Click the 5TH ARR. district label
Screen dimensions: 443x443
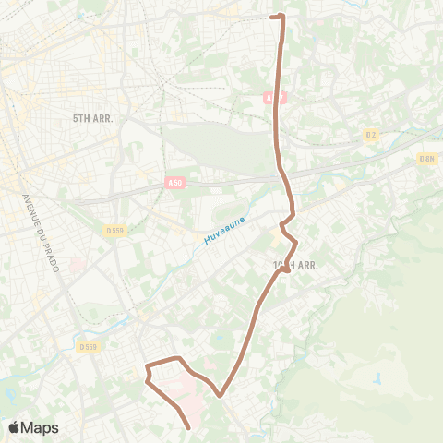tap(91, 119)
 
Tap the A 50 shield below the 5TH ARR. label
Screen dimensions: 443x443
tap(175, 184)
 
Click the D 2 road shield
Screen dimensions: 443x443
tap(370, 136)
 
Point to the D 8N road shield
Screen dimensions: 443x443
tap(426, 158)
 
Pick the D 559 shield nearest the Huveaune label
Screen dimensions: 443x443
tap(114, 231)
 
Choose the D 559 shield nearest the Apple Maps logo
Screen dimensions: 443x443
tap(89, 347)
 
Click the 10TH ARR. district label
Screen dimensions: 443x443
tap(297, 265)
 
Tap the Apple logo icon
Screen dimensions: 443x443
tap(15, 427)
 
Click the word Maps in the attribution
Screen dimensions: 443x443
tap(40, 427)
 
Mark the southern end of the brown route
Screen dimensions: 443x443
tap(189, 427)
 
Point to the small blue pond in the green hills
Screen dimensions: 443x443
tap(377, 378)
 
